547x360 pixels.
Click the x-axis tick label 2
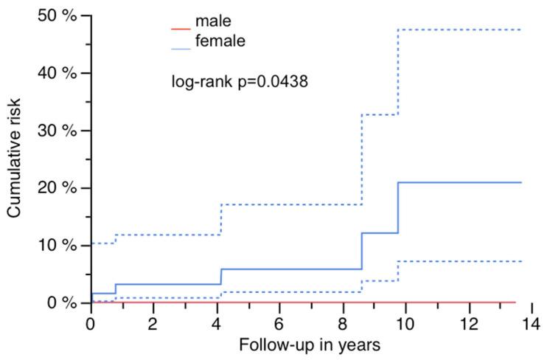153,323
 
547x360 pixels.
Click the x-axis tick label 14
529,323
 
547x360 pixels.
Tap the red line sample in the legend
179,27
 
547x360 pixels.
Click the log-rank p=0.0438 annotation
240,81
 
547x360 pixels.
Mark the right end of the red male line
515,302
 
